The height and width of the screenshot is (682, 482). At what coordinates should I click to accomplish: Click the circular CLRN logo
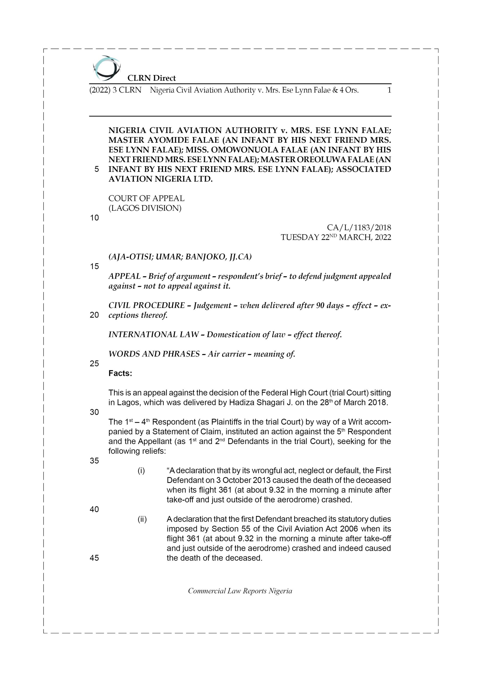coord(106,68)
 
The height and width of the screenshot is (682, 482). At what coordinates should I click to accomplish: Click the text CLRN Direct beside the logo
coord(152,78)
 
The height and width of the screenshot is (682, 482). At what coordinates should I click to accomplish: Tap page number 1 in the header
coord(389,90)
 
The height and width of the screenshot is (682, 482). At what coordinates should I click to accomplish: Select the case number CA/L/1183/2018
coord(359,228)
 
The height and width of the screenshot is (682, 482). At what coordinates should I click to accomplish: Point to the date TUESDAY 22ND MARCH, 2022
coord(336,237)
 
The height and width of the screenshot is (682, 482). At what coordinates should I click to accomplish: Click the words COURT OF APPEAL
coord(146,198)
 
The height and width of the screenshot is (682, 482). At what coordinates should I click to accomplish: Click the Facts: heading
coord(120,374)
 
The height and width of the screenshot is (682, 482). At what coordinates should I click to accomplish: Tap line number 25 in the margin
coord(94,364)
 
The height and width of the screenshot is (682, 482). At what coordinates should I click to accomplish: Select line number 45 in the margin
coord(94,558)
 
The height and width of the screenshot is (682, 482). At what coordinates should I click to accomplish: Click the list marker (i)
coord(141,470)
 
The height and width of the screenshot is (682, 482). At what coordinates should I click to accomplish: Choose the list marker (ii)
coord(142,519)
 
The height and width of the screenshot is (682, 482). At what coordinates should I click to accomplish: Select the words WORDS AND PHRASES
coord(154,354)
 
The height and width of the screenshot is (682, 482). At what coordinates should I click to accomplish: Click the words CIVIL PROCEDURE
coord(146,305)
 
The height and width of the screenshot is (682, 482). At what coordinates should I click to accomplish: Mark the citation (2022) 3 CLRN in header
coord(115,90)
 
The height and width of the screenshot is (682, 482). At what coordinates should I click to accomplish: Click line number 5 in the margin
coord(96,169)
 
